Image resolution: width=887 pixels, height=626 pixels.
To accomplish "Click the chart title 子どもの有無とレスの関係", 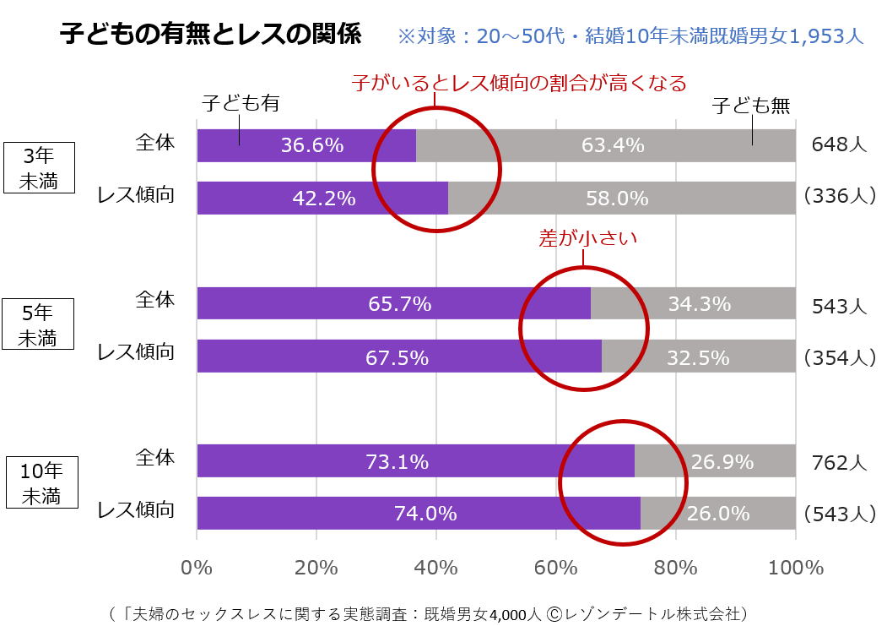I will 210,35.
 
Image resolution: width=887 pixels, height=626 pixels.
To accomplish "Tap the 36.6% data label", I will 312,145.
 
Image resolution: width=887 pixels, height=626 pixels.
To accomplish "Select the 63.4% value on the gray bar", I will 613,145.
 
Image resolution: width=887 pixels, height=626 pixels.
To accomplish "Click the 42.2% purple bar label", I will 324,199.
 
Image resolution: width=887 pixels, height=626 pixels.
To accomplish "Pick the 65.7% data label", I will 399,304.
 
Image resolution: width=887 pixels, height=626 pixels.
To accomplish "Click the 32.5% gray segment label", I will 698,357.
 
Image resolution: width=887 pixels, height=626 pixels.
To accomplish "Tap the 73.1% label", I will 397,462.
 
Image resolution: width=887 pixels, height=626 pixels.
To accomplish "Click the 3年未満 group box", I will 40,168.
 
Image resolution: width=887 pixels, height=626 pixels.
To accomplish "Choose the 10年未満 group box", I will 41,482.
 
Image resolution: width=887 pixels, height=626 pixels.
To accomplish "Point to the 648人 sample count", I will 839,144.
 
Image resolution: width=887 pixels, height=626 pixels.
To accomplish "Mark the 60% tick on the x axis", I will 556,568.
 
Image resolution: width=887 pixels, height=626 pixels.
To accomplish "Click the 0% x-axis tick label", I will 197,568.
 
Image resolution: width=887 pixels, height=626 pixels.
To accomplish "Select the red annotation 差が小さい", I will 587,238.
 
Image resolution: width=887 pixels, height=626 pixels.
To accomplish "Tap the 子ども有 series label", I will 241,103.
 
